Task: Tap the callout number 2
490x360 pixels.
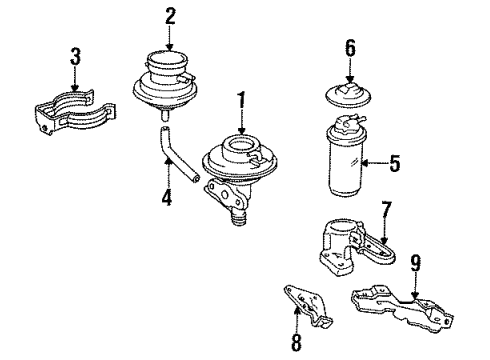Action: click(170, 15)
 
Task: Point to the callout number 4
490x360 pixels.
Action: click(166, 199)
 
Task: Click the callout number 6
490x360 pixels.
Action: click(350, 48)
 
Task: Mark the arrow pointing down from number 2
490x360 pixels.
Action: click(170, 38)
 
